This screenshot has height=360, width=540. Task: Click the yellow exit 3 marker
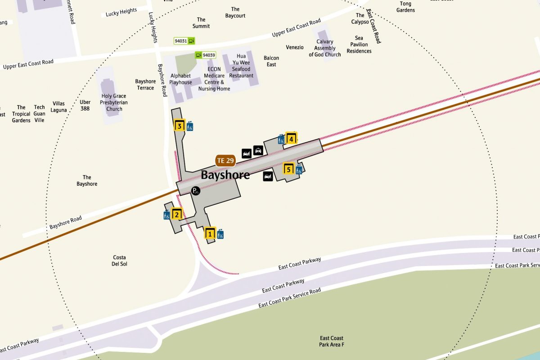click(x=180, y=126)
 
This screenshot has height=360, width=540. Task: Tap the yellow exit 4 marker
click(x=291, y=139)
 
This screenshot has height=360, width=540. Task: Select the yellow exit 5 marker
click(x=288, y=170)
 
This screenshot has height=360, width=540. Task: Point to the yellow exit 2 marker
click(x=176, y=215)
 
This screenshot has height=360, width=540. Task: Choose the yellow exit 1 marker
click(x=210, y=234)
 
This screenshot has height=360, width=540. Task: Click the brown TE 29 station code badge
click(x=225, y=160)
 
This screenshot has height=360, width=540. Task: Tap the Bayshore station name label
click(x=225, y=175)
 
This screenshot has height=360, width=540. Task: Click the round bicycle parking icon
click(x=196, y=191)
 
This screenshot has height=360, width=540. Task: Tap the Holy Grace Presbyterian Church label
click(x=114, y=102)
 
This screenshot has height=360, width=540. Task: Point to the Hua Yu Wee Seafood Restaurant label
click(x=241, y=66)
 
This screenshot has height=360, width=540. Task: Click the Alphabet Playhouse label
click(x=180, y=79)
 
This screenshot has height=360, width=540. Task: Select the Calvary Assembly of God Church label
click(x=324, y=48)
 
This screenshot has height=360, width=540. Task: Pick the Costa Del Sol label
click(x=119, y=261)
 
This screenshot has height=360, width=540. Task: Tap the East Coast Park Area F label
click(x=331, y=342)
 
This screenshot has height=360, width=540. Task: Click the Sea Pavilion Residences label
click(x=359, y=45)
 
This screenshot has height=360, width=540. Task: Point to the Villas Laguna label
click(x=58, y=107)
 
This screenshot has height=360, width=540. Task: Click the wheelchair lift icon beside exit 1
click(x=220, y=234)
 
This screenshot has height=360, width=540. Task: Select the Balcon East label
click(x=271, y=61)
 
